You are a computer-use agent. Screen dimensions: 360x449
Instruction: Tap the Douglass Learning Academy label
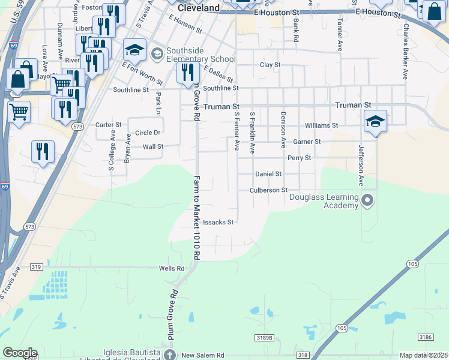click(x=324, y=201)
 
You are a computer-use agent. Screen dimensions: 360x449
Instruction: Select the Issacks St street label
click(x=218, y=222)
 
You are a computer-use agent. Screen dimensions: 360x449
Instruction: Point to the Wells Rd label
click(x=172, y=268)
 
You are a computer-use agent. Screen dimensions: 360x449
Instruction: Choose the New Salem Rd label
click(x=202, y=355)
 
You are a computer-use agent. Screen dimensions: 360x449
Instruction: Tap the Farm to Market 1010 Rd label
click(x=196, y=217)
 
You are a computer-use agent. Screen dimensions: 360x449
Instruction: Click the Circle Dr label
click(x=148, y=133)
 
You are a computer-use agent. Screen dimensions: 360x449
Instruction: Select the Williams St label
click(x=321, y=126)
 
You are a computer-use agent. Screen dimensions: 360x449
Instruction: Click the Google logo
click(x=20, y=353)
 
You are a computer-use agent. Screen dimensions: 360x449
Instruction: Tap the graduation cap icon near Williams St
click(x=375, y=121)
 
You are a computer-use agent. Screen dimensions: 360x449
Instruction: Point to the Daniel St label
click(x=268, y=174)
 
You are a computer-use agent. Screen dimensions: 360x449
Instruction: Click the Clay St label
click(x=270, y=64)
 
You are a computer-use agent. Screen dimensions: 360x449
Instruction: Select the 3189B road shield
click(x=263, y=338)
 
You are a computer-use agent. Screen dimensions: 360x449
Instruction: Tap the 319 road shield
click(x=37, y=267)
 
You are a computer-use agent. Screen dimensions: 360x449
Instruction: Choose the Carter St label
click(x=109, y=125)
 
